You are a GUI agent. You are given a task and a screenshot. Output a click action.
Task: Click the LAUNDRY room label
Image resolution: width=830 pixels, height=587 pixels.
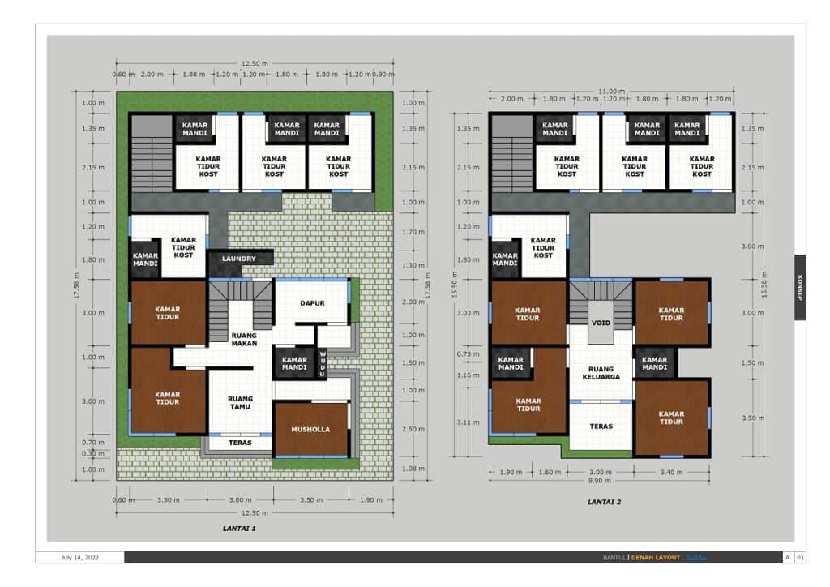(240, 259)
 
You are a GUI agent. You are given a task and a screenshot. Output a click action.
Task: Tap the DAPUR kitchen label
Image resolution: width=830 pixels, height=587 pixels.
(312, 303)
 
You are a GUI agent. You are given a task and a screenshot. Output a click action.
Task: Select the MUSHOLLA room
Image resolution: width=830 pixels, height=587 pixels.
(311, 429)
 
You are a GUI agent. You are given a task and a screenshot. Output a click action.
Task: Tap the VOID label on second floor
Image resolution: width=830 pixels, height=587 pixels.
(601, 322)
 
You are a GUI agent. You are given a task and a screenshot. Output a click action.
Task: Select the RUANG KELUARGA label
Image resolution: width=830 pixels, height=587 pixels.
(601, 372)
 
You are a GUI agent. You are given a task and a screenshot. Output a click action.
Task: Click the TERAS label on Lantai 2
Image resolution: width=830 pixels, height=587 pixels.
(601, 426)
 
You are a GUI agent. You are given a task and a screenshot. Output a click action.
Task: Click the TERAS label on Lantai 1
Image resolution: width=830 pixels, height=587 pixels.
(240, 443)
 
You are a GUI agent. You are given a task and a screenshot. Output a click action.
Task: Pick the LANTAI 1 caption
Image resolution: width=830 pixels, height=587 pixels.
(240, 528)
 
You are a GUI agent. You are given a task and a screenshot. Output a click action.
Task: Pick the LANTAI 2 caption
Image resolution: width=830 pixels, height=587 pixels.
(604, 502)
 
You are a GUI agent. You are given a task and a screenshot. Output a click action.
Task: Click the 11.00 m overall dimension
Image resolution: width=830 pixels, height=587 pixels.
(613, 91)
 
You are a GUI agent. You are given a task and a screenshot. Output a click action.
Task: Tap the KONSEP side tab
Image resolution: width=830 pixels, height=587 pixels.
(800, 287)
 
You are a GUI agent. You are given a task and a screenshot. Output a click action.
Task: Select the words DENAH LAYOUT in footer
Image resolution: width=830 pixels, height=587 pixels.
(657, 557)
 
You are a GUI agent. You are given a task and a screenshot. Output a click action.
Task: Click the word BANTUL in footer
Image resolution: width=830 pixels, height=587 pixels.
(614, 557)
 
